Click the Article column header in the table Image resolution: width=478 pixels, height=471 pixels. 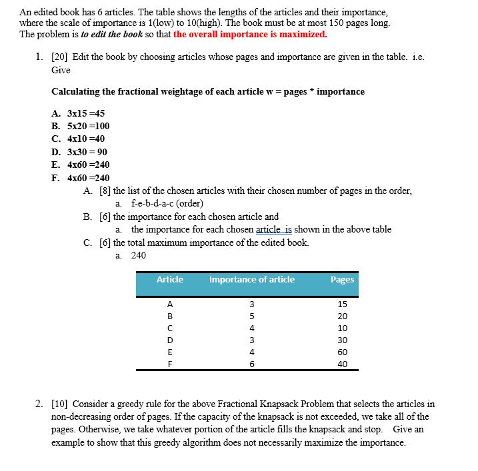(169, 280)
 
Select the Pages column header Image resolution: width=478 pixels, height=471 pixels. (342, 280)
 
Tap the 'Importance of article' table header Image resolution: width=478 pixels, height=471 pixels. (251, 280)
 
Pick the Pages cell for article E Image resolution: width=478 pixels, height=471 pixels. (342, 352)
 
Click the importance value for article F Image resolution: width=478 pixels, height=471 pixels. (251, 364)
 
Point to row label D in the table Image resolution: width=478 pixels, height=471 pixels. (170, 340)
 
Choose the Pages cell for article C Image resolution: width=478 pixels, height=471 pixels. (342, 328)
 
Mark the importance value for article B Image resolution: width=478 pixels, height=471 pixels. (251, 316)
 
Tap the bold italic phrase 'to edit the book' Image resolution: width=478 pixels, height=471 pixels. (111, 34)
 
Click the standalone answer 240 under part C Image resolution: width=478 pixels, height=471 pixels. (138, 255)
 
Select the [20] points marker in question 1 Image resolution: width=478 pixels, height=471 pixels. (59, 57)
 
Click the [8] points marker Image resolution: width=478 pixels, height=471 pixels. (105, 191)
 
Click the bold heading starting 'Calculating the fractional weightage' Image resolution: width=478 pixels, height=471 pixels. (208, 91)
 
